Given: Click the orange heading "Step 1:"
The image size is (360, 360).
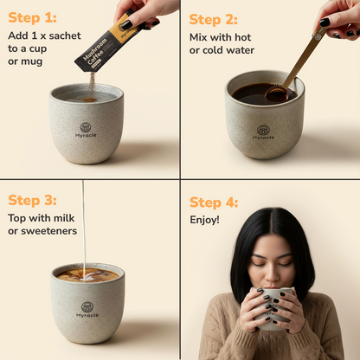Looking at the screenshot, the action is tap(32, 18).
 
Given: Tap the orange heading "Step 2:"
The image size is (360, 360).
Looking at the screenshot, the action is tap(214, 20).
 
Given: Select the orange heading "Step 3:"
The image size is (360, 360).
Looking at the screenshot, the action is tap(32, 200).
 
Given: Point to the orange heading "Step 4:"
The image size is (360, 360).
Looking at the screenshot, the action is tap(214, 202).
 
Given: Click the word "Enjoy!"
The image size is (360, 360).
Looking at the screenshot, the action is tap(204, 220).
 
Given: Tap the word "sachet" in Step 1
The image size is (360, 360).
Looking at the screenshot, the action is tap(65, 35).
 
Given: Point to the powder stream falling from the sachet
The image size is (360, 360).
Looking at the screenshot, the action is tap(92, 86).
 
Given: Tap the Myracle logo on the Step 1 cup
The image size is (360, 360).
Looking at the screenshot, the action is tap(86, 130).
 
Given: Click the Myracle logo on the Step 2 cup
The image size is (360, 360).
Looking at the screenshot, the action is tap(263, 132).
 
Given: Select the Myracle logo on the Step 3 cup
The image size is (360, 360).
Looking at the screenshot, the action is tap(87, 310).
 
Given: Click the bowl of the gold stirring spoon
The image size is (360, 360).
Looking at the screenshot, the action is tap(277, 94).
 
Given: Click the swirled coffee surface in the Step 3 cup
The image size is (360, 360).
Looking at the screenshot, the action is tap(87, 274).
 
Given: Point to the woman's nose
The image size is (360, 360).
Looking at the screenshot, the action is tap(272, 274).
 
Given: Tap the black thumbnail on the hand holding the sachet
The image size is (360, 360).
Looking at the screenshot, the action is tap(127, 24).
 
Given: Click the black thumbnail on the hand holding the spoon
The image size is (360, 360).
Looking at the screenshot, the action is tap(325, 22).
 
